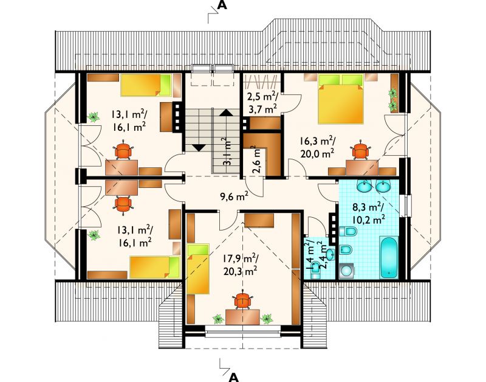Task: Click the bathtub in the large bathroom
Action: (x=389, y=257)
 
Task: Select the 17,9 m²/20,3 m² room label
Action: (x=240, y=265)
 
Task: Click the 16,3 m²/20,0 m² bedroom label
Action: (x=317, y=147)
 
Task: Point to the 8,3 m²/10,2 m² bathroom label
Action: (x=369, y=213)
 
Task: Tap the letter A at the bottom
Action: (x=234, y=377)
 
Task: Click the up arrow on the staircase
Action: (x=226, y=113)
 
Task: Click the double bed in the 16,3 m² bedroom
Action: (x=341, y=99)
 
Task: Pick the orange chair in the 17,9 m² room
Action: (x=242, y=300)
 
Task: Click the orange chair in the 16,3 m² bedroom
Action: (x=360, y=150)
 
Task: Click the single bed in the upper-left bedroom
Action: (x=146, y=85)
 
